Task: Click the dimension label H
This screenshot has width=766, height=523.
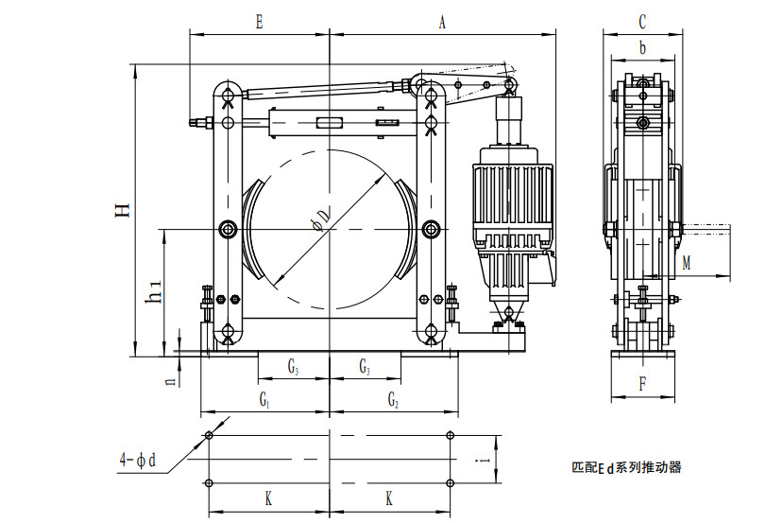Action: (123, 210)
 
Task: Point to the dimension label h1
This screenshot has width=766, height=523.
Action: (153, 294)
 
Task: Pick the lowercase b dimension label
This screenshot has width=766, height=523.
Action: (642, 48)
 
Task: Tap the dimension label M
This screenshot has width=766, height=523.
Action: (687, 264)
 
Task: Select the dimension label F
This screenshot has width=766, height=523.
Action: (642, 384)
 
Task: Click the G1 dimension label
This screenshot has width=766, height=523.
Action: (266, 401)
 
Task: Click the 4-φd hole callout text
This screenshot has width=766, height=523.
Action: (137, 461)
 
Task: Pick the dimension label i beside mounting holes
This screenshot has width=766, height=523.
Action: (485, 460)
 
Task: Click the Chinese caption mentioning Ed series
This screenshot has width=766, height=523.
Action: (626, 467)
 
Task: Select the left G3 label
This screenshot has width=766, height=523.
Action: (295, 366)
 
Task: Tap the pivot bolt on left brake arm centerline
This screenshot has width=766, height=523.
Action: (228, 229)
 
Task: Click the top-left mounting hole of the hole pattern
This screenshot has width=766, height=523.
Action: (209, 437)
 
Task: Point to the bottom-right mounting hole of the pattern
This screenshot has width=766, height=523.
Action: (449, 483)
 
